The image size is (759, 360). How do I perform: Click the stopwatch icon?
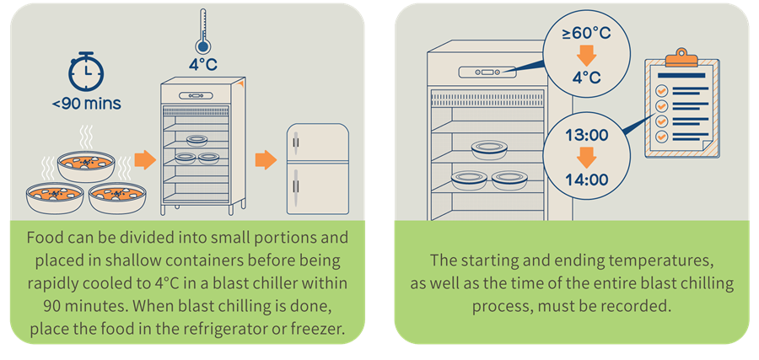coord(84,73)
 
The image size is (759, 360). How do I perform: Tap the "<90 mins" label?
coord(86,105)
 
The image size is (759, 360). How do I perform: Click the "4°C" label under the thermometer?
coord(203,63)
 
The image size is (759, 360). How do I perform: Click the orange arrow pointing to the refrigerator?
coord(266,159)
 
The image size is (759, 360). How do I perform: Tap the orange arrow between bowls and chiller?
coord(145,159)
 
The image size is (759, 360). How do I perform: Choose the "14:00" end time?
coord(587,179)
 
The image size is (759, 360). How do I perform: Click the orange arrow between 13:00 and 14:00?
coord(587,157)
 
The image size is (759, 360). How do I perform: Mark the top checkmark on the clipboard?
coord(662,90)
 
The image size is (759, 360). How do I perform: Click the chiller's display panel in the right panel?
coord(486,73)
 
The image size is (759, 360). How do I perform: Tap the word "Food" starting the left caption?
coord(45,238)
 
